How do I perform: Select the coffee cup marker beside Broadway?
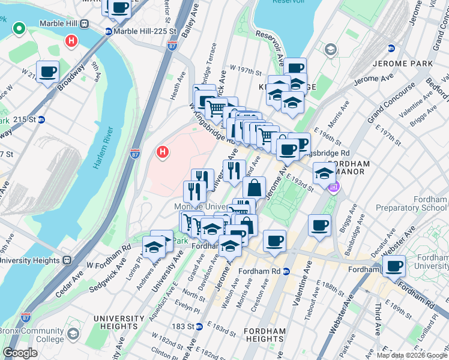[47, 72]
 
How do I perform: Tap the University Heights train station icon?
[66, 260]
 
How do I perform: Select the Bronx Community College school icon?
[73, 334]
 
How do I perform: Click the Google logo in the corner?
[20, 353]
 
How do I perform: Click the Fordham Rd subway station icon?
[287, 271]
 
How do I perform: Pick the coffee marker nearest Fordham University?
[394, 265]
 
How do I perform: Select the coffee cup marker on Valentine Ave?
[319, 225]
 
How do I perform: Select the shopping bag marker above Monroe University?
[254, 187]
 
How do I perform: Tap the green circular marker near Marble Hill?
[19, 28]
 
